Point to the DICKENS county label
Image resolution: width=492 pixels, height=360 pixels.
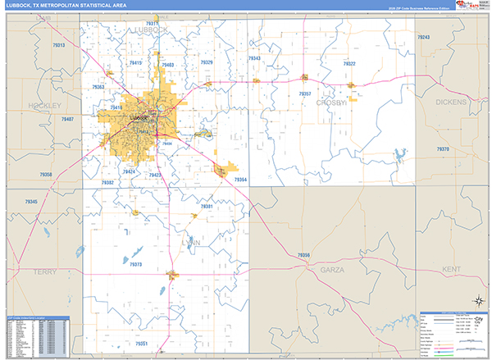pyautogui.click(x=450, y=102)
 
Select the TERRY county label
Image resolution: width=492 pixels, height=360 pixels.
pyautogui.click(x=43, y=269)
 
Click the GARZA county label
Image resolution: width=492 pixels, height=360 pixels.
pyautogui.click(x=332, y=269)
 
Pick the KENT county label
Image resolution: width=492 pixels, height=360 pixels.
pyautogui.click(x=451, y=269)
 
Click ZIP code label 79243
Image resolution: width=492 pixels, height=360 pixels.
pyautogui.click(x=423, y=38)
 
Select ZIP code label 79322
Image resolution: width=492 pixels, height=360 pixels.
pyautogui.click(x=349, y=63)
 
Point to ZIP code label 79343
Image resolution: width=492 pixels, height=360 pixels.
pyautogui.click(x=254, y=58)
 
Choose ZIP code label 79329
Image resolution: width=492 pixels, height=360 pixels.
pyautogui.click(x=206, y=62)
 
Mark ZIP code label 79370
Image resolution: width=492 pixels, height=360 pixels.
pyautogui.click(x=443, y=149)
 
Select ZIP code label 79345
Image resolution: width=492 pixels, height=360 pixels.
pyautogui.click(x=31, y=202)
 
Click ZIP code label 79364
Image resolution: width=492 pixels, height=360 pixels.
pyautogui.click(x=240, y=179)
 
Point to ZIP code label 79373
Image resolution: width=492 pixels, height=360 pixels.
pyautogui.click(x=135, y=265)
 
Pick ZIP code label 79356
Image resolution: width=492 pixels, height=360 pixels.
pyautogui.click(x=303, y=256)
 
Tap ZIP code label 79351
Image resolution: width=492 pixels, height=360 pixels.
pyautogui.click(x=142, y=344)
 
